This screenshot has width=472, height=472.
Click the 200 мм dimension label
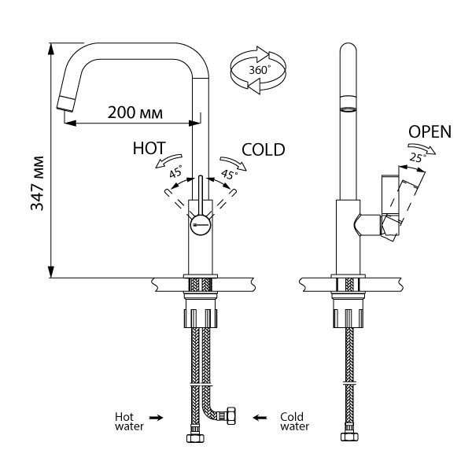tap(135, 112)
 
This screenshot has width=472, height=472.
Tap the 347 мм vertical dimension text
tap(36, 186)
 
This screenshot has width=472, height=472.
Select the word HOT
tap(149, 148)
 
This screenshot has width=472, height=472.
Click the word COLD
tap(263, 148)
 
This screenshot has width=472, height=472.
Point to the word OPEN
tap(430, 131)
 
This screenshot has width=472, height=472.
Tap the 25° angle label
tap(418, 158)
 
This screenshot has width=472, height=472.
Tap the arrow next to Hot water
tap(157, 419)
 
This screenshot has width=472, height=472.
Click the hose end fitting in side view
tap(348, 437)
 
